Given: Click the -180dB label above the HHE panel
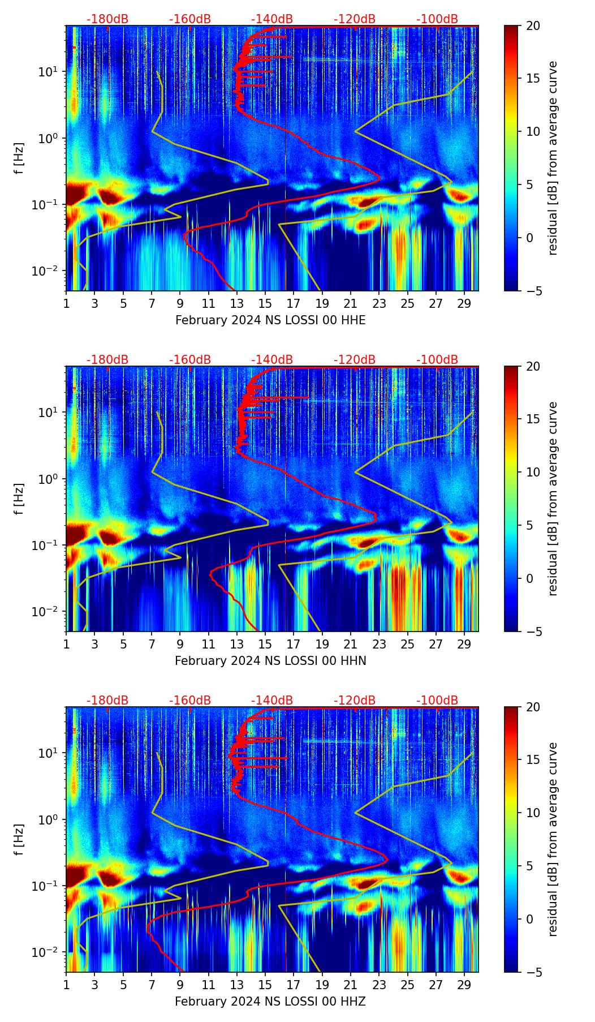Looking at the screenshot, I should point(107,19).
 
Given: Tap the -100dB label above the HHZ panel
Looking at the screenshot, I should point(437,701).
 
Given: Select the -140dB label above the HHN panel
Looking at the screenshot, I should point(272,360).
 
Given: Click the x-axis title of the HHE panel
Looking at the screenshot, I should point(270,320).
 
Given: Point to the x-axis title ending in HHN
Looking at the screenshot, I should point(270,661).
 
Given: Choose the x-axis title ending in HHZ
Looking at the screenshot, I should point(270,1002).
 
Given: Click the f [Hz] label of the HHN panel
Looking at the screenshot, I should point(19,499).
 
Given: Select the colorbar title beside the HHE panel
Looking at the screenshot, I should point(553,158).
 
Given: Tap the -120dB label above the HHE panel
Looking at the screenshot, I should point(355,19).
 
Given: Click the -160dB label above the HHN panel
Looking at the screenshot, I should point(190,360).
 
